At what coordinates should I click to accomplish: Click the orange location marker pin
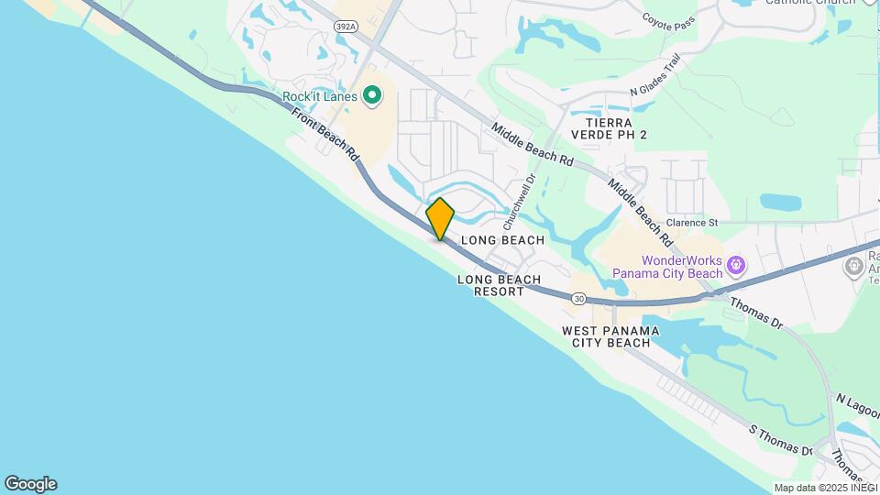pos(440,219)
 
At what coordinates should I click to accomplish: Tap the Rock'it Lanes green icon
pos(372,95)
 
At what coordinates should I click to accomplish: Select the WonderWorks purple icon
pos(734,267)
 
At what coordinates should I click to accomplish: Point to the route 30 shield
pos(578,299)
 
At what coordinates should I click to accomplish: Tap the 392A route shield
pos(346,27)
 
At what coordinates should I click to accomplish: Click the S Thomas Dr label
pos(780,440)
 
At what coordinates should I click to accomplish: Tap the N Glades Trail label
pos(655,74)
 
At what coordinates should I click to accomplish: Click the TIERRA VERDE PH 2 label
pos(609,128)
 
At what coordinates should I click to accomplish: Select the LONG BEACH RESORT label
pos(499,285)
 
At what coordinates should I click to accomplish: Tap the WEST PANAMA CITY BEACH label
pos(605,336)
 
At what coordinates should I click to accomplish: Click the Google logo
pos(30,484)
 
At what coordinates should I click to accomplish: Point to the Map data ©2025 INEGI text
pos(825,488)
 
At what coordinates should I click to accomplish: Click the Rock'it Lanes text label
pos(320,96)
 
